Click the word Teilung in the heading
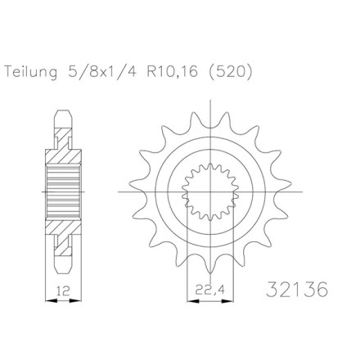pyautogui.click(x=31, y=72)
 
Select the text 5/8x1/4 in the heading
pyautogui.click(x=101, y=72)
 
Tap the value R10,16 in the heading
pyautogui.click(x=173, y=72)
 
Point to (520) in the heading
pyautogui.click(x=230, y=72)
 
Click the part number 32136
pyautogui.click(x=297, y=290)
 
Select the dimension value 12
pyautogui.click(x=63, y=291)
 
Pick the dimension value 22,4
pyautogui.click(x=210, y=290)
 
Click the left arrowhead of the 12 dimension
pyautogui.click(x=52, y=301)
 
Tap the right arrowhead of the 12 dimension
pyautogui.click(x=75, y=301)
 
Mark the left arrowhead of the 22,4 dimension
pyautogui.click(x=193, y=301)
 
